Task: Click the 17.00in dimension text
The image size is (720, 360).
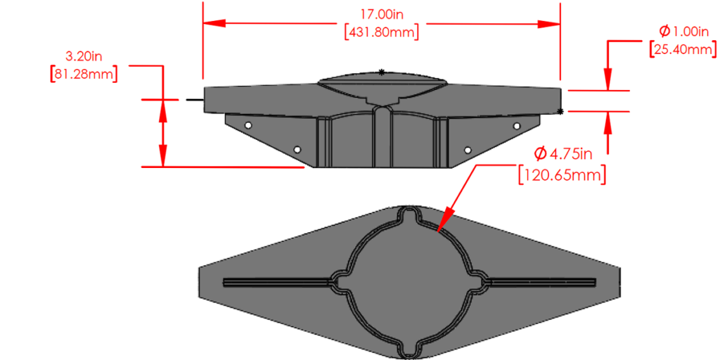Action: [x=382, y=13]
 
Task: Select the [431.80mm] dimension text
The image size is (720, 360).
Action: [x=382, y=32]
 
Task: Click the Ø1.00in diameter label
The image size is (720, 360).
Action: [x=683, y=31]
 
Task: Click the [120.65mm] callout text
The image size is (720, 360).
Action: [x=562, y=174]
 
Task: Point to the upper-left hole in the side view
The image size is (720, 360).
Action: [x=248, y=124]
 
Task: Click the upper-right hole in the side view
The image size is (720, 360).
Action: [x=517, y=126]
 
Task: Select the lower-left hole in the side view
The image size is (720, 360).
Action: [x=297, y=150]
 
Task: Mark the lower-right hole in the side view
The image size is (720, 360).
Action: [x=468, y=150]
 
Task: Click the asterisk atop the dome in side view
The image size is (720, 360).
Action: [x=382, y=72]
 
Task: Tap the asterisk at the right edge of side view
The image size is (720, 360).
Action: [x=560, y=112]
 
